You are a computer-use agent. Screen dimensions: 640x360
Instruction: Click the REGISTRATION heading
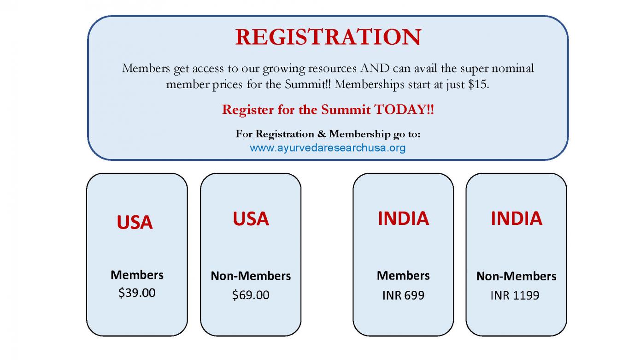tap(328, 37)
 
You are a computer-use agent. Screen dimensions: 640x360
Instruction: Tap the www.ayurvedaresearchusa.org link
tap(328, 148)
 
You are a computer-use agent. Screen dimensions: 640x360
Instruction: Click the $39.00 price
tap(137, 293)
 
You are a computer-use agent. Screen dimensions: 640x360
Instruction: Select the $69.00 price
tap(251, 295)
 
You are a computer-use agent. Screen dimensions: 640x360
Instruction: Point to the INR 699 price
tap(403, 295)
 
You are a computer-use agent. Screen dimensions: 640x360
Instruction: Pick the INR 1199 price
tap(515, 295)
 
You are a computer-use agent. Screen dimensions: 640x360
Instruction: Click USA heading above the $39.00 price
tap(135, 222)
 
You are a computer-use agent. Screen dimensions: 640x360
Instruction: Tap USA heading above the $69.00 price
tap(251, 219)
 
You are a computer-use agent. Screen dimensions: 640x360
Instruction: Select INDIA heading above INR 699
tap(404, 218)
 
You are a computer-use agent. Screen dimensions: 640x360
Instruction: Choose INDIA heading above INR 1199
tap(517, 218)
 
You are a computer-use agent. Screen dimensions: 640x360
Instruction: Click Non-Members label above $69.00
tap(251, 276)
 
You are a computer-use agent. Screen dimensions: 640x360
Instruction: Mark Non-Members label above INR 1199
tap(517, 276)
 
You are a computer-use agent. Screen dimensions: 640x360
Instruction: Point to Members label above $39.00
tap(137, 275)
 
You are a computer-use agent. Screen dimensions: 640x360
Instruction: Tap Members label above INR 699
tap(403, 276)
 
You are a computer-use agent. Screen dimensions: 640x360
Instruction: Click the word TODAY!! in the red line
tap(404, 110)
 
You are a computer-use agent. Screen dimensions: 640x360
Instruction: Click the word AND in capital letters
tap(375, 68)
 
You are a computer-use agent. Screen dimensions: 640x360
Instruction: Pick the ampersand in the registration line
tap(322, 134)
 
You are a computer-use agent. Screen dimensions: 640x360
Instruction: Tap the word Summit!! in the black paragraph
tap(308, 84)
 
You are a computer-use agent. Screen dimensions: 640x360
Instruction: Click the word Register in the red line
tap(248, 110)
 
